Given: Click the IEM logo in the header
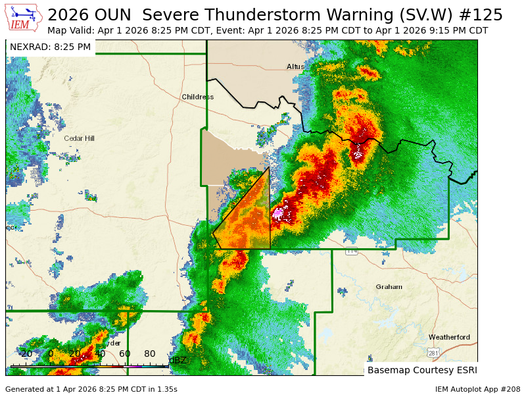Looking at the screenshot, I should coord(24,18).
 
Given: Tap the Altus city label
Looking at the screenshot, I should coord(295,66).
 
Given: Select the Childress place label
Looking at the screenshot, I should coord(197,97).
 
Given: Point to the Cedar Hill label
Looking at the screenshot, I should coord(79,138).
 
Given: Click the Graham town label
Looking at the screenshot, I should coord(389,286).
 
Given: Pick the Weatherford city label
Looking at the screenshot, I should coord(449,337).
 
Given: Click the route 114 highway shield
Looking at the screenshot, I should coord(352,251).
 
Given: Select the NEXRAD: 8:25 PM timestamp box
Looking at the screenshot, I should coord(50,47).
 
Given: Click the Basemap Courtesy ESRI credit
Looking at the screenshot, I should coord(421,370).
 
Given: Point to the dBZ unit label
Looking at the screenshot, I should coord(178,360).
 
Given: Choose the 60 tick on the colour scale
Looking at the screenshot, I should coord(125,354).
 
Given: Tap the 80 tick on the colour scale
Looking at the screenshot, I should coord(150,354).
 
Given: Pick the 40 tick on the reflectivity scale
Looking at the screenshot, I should coord(100,354).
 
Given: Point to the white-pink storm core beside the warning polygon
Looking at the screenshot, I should coord(278,213).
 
